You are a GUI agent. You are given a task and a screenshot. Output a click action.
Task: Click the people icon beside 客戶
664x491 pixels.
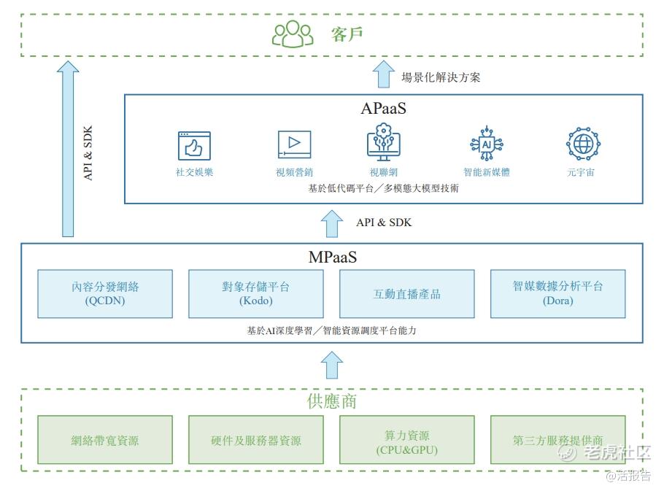(x=293, y=34)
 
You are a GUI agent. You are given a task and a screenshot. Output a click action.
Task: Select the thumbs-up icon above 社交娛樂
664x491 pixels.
(x=194, y=146)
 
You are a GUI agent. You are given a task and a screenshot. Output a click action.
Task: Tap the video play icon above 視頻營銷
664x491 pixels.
(x=294, y=145)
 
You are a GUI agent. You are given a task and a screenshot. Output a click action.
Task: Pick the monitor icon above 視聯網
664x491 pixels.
(x=383, y=143)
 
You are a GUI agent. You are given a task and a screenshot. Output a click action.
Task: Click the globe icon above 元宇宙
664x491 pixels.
(x=583, y=144)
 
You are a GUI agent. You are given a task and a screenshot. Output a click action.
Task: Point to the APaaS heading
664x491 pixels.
(x=383, y=109)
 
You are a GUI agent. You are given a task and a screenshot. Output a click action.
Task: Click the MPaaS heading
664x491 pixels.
(x=332, y=257)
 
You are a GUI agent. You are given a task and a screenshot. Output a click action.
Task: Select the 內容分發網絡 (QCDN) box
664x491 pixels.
(x=105, y=293)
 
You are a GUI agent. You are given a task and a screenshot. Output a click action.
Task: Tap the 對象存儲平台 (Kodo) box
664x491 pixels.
(x=255, y=293)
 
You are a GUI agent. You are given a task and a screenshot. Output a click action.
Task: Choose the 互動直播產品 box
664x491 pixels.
(x=406, y=293)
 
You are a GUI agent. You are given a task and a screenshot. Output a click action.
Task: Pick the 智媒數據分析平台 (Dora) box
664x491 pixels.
(x=557, y=293)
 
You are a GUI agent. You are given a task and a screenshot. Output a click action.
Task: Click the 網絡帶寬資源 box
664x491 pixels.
(x=105, y=440)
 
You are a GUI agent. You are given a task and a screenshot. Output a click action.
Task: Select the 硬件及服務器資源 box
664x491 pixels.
(x=255, y=440)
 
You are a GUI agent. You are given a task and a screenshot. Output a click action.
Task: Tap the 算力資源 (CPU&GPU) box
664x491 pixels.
(x=406, y=440)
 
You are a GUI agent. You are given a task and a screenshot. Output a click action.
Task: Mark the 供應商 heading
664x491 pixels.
(x=332, y=401)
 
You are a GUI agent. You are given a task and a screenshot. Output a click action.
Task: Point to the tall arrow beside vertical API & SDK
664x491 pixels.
(x=68, y=150)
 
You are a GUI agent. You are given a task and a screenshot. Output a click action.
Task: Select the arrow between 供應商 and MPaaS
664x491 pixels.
(x=332, y=363)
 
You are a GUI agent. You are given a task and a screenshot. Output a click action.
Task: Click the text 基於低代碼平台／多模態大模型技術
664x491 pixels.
(x=383, y=188)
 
